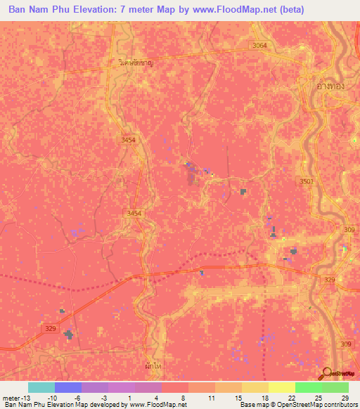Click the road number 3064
(261, 46)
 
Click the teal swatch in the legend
(41, 387)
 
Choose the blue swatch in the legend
(67, 387)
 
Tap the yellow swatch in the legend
(281, 387)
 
